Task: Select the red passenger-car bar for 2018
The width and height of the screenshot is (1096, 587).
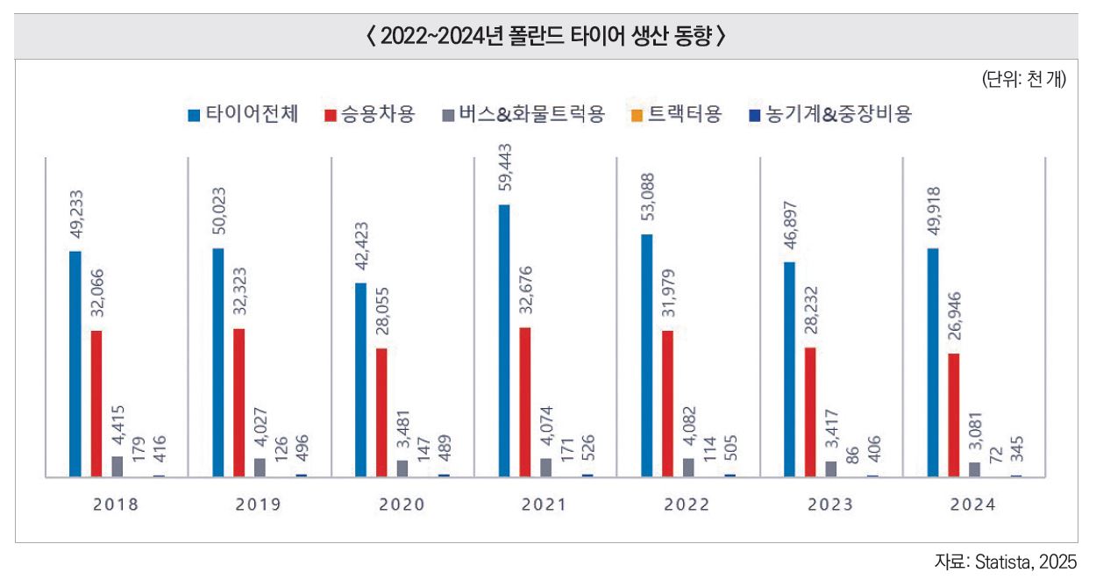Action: (96, 404)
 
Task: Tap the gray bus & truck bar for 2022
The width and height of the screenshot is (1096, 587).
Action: (688, 467)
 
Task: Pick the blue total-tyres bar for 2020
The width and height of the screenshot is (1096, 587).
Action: (361, 379)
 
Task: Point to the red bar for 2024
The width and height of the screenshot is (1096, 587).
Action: (954, 414)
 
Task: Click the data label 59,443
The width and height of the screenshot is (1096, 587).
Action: (503, 175)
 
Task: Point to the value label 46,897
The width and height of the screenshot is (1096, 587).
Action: (789, 229)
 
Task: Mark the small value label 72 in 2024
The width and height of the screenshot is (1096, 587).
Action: (996, 455)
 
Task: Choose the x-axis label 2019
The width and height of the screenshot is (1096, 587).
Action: (260, 505)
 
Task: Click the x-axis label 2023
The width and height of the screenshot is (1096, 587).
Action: (831, 505)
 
